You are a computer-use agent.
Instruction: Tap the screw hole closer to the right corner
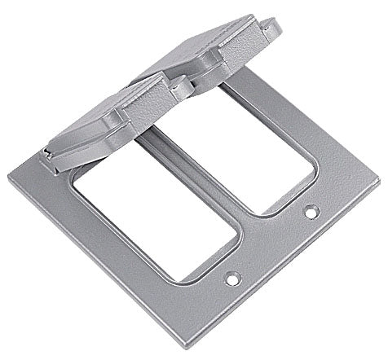pos(310,213)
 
